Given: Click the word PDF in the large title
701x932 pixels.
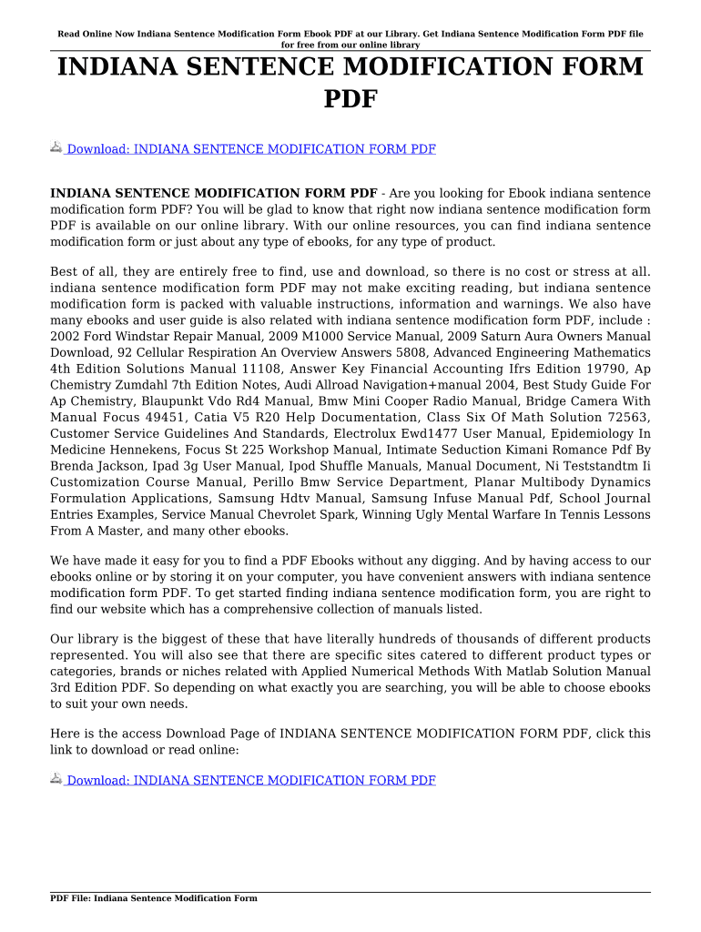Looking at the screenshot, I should tap(350, 98).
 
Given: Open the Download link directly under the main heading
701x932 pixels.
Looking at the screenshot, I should tap(250, 149).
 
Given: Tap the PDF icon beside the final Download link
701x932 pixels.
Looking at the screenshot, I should tap(56, 779).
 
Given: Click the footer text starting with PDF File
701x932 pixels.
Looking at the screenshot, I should tap(154, 898).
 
